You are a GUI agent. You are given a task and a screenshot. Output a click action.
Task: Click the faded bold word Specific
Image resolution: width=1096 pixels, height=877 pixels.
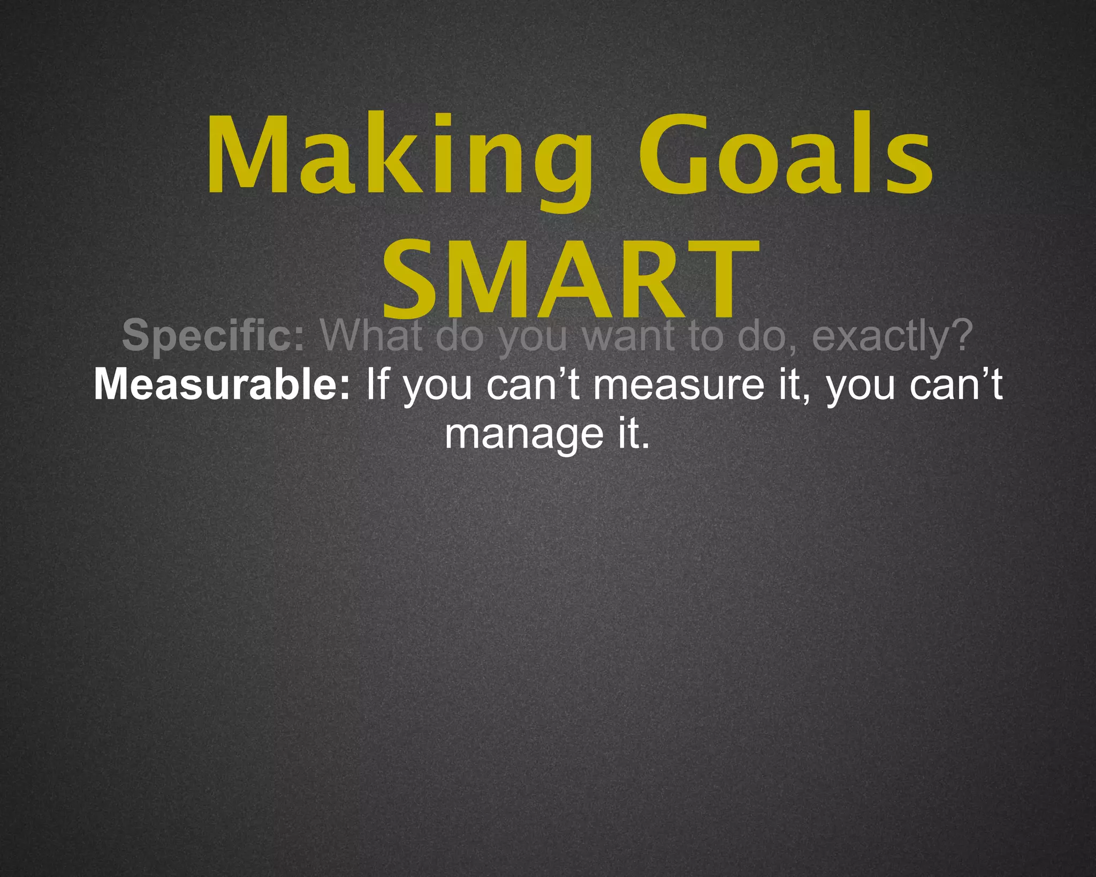(213, 336)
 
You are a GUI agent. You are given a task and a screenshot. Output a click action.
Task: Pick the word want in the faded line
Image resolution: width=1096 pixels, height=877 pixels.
(627, 336)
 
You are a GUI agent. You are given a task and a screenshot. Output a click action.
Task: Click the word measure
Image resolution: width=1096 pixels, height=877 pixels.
(679, 385)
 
